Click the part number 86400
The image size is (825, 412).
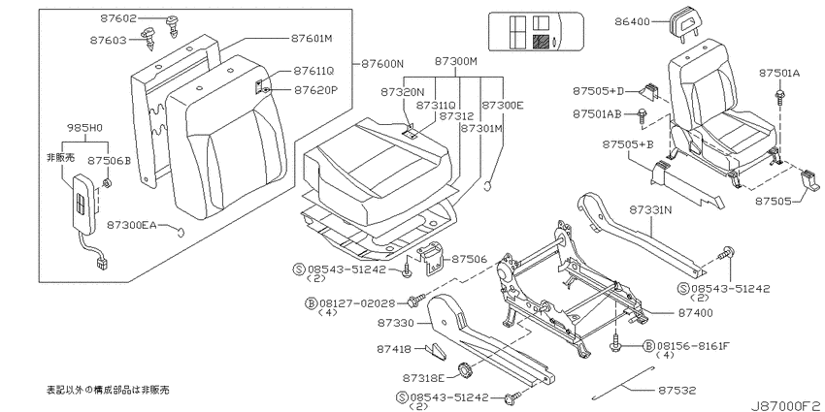coord(632,22)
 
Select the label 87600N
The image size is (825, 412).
coord(382,64)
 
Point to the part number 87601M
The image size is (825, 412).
coord(313,39)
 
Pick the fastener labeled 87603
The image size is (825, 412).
coord(148,40)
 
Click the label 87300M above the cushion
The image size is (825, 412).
coord(455,61)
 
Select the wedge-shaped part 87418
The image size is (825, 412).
coord(437,351)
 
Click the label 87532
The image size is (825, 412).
coord(676,391)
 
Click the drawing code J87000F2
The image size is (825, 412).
coord(787,406)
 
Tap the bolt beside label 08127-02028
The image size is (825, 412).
coord(414,301)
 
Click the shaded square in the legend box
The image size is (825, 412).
coord(541,43)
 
